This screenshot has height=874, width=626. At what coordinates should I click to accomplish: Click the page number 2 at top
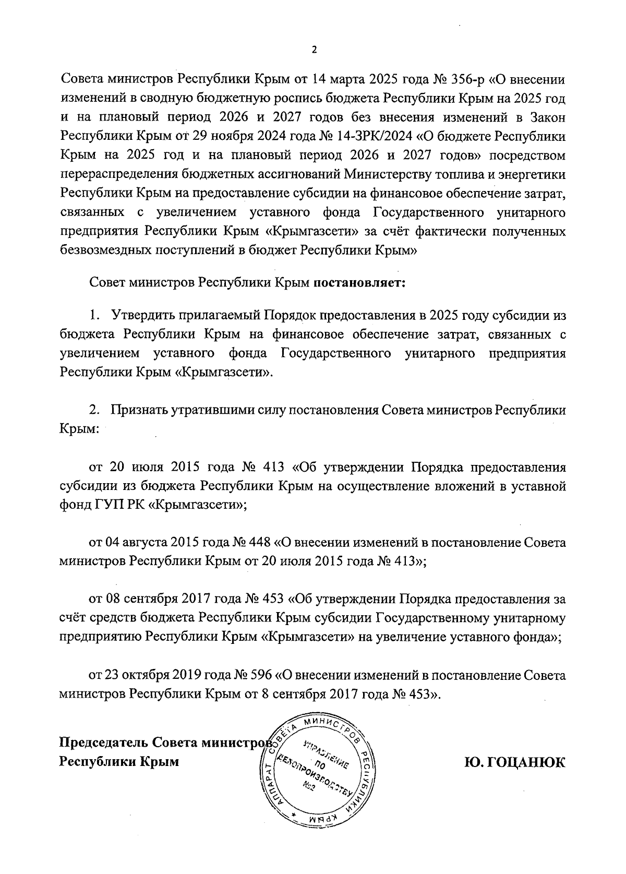tap(314, 50)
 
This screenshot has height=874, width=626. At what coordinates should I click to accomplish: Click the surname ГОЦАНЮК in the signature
tap(514, 761)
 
